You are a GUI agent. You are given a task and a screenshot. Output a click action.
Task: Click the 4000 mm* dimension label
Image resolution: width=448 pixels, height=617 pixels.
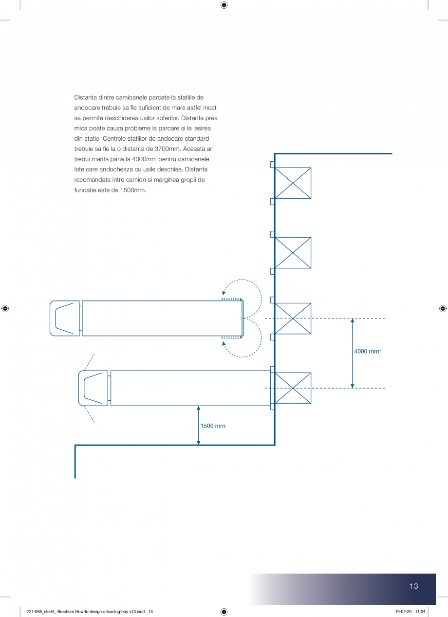pyautogui.click(x=368, y=351)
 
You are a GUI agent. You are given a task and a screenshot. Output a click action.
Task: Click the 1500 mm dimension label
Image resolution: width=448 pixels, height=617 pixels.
pyautogui.click(x=213, y=426)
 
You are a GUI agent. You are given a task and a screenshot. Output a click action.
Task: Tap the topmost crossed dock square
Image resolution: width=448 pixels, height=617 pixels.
pyautogui.click(x=293, y=183)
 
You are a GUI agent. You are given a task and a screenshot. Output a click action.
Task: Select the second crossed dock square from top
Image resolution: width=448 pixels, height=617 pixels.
pyautogui.click(x=293, y=253)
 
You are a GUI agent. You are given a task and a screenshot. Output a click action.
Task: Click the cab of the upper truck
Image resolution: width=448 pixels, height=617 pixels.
pyautogui.click(x=65, y=318)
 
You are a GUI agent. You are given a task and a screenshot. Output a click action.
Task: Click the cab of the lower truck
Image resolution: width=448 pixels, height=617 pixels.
pyautogui.click(x=93, y=388)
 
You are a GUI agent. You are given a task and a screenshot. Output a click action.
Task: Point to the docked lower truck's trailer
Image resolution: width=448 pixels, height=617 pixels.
pyautogui.click(x=190, y=388)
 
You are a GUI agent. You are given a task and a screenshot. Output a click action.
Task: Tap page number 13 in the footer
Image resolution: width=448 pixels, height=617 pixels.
pyautogui.click(x=413, y=586)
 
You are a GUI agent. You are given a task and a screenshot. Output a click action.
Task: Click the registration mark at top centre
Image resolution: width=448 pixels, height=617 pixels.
pyautogui.click(x=224, y=5)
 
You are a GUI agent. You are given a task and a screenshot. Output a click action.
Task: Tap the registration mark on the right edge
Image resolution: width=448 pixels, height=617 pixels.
pyautogui.click(x=443, y=308)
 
